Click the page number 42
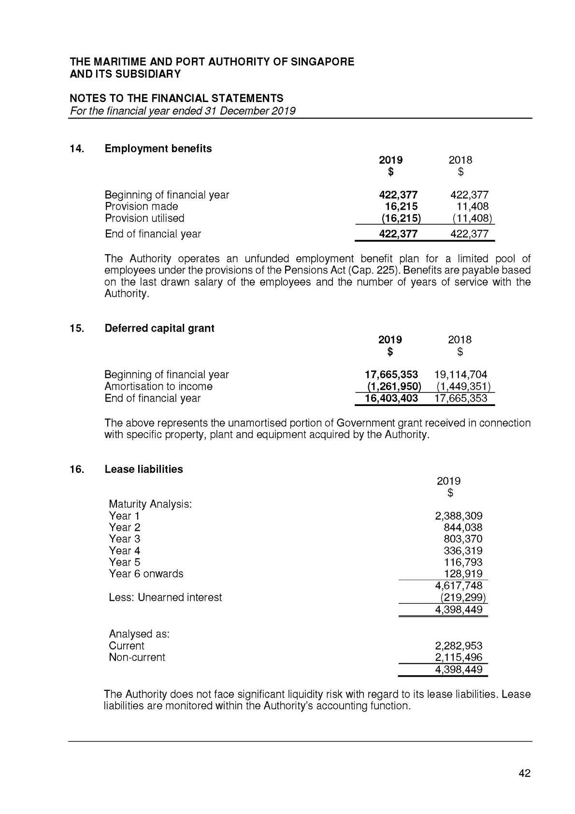pos(524,773)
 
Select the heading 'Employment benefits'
pos(158,148)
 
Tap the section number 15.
pos(76,328)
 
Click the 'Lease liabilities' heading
pos(144,469)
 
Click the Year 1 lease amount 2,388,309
pos(459,516)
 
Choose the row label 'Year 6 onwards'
pos(146,574)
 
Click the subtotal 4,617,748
pos(459,586)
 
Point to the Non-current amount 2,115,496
pos(459,657)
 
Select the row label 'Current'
pos(126,646)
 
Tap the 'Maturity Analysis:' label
pos(150,504)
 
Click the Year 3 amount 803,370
pos(462,539)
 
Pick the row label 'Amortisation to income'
pos(158,386)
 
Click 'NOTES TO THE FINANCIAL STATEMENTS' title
pos(176,98)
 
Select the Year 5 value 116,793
pos(462,562)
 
